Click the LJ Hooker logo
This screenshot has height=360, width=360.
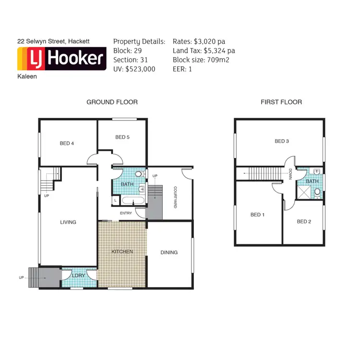point(61,59)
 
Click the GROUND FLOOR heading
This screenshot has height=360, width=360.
point(112,102)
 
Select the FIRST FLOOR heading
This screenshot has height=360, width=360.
point(281,102)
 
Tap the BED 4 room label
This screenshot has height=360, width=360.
point(67,143)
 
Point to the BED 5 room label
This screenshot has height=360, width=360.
point(122,137)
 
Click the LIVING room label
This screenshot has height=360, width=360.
point(68,222)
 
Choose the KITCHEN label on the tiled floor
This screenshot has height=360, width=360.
point(122,252)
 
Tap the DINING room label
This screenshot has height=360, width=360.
point(169,252)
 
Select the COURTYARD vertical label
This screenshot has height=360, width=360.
point(176,197)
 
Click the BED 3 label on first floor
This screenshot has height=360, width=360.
point(282,141)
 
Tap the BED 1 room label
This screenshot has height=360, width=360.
point(257,215)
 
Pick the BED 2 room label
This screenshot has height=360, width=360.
point(304,221)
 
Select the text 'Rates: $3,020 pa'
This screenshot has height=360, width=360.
point(199,42)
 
